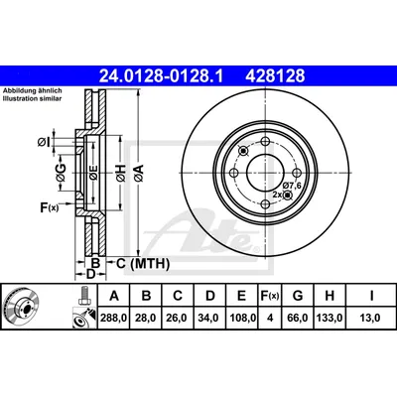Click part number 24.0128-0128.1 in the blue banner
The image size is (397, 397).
tap(162, 76)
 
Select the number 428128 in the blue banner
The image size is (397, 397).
tap(275, 76)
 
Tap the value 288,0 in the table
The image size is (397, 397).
tap(114, 318)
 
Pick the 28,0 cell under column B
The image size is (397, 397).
tap(146, 318)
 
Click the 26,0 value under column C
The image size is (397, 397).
tap(178, 318)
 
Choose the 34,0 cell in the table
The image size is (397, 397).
tap(210, 318)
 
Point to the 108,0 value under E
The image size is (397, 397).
tap(242, 318)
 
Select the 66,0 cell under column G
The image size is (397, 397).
tap(298, 318)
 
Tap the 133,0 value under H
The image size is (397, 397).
tap(330, 318)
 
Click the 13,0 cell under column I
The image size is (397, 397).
tap(372, 318)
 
